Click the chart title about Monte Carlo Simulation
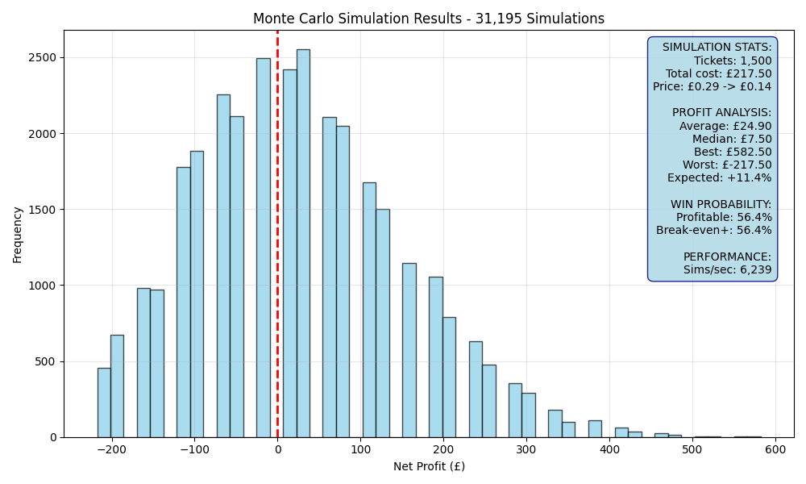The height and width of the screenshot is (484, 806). point(429,19)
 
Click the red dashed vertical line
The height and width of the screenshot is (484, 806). point(277,234)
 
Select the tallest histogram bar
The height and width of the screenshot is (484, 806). point(303,244)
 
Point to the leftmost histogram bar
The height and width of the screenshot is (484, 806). point(104,403)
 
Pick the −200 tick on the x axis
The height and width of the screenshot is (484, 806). point(111,449)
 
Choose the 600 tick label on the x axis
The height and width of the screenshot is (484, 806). point(775,449)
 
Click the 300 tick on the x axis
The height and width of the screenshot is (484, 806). point(526,449)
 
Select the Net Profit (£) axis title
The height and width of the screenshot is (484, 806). point(430,466)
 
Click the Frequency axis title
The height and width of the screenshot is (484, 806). point(18,235)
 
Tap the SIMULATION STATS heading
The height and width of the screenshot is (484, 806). point(717,48)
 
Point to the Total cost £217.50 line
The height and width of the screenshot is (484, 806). point(719,73)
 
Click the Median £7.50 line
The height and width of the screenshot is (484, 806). point(732,139)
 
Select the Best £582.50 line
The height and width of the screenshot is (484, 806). point(733,152)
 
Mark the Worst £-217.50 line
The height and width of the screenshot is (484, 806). point(727,165)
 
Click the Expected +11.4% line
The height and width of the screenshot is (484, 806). point(720,178)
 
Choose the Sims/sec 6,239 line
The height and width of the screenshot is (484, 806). point(727,269)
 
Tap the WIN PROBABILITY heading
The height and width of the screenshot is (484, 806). point(721,204)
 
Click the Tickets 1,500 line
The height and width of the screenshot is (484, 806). point(733,60)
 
